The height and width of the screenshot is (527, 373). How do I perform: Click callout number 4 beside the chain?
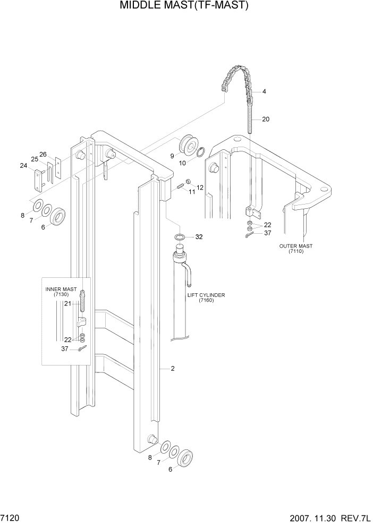click(x=264, y=91)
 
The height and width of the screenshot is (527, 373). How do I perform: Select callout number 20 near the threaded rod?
click(x=266, y=119)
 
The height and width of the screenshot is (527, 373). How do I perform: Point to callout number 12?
click(x=200, y=188)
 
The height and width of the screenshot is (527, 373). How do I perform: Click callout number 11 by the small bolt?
click(x=192, y=192)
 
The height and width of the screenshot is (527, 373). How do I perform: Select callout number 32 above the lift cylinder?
click(x=199, y=236)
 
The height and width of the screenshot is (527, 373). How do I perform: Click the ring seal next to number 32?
click(x=180, y=236)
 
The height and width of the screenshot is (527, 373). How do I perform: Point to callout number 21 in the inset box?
click(x=67, y=303)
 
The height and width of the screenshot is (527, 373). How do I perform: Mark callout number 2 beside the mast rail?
click(x=173, y=368)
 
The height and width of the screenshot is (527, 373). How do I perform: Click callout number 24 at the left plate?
click(x=23, y=165)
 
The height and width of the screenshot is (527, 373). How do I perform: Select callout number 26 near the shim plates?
click(x=43, y=155)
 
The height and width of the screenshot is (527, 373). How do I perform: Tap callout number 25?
click(x=34, y=159)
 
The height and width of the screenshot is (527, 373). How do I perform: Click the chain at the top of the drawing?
click(x=236, y=80)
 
